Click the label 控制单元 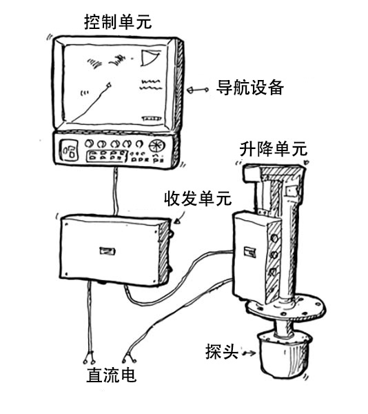(118, 22)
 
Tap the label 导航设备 (250, 88)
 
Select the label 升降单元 (274, 148)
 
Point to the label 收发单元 (198, 198)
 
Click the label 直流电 (112, 375)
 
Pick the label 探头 (222, 351)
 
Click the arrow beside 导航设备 (198, 90)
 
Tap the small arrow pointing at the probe (249, 353)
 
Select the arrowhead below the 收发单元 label (178, 221)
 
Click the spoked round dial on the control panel (157, 146)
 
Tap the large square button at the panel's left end (70, 150)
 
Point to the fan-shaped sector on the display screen (150, 57)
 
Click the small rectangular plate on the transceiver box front (108, 250)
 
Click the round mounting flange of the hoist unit (286, 307)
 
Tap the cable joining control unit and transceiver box (115, 191)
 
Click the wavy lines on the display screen (151, 84)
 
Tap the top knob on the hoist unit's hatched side (274, 238)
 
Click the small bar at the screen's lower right (152, 119)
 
